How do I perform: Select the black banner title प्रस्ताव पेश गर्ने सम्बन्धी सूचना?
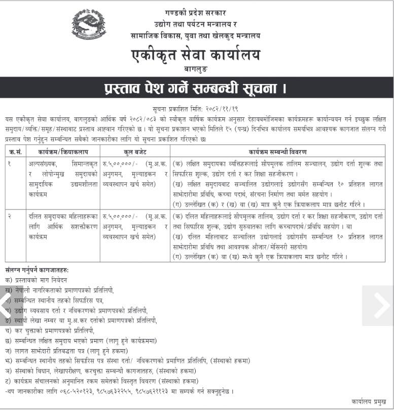[196, 88]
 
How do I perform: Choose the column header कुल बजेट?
[134, 151]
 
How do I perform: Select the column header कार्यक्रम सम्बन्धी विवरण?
[277, 151]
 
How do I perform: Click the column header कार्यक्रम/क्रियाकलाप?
[62, 151]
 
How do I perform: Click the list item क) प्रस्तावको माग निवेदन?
[35, 280]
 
